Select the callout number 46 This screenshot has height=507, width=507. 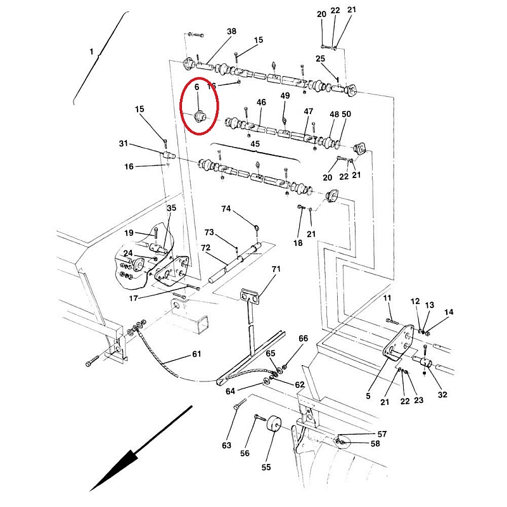coord(261,102)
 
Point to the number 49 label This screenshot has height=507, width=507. coord(285,96)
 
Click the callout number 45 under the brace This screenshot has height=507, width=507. coord(255,143)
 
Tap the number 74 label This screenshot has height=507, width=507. coord(226,209)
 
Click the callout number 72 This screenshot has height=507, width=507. coord(205,247)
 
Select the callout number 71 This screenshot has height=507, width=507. coord(276,270)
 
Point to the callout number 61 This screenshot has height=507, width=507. coord(196,354)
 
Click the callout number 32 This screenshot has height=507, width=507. coord(442,394)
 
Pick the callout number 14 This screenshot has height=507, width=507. coord(449,312)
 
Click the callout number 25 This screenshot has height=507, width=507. coord(320,59)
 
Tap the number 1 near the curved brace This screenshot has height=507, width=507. coord(91,50)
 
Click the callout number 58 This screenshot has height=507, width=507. coord(375,444)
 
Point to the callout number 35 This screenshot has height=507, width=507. coord(172,208)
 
